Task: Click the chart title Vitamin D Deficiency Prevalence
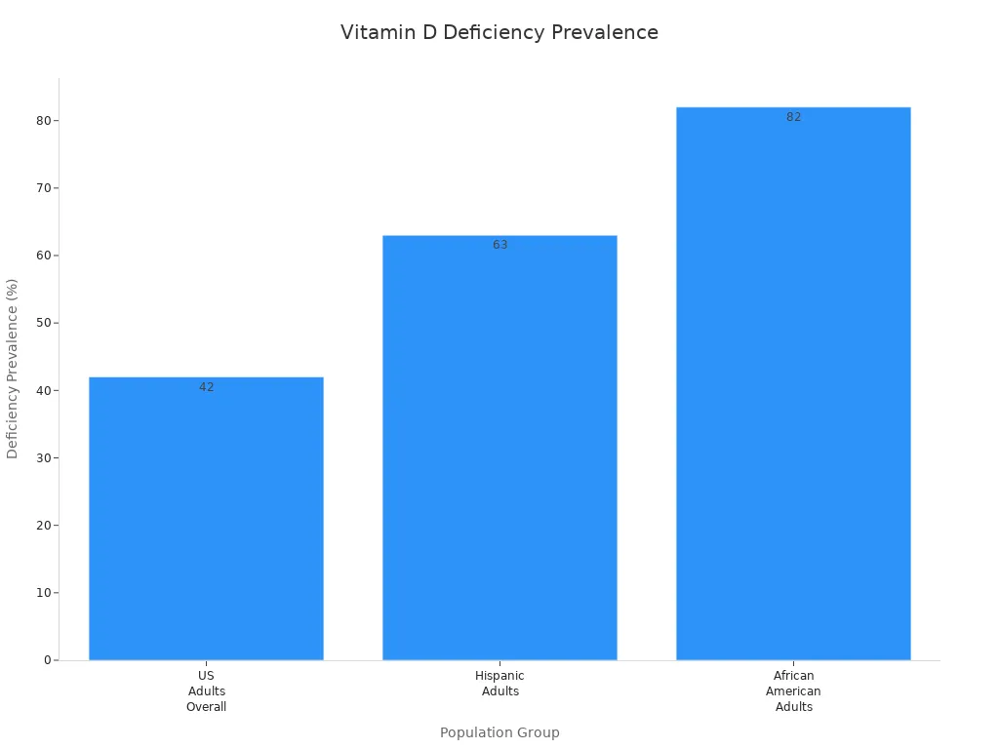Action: click(499, 33)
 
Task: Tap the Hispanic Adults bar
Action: click(499, 448)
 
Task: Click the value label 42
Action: click(207, 387)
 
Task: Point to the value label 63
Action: click(500, 245)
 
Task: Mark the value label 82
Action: click(794, 117)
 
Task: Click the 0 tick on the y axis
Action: click(46, 660)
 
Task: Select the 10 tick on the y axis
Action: click(43, 593)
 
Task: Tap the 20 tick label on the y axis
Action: click(43, 526)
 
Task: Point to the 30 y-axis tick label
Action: click(43, 458)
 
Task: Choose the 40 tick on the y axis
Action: click(43, 390)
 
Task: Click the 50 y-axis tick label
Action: click(43, 323)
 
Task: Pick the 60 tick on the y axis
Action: click(43, 256)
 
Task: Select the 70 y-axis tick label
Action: click(43, 188)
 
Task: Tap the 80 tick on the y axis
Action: click(43, 121)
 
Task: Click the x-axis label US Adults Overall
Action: click(206, 691)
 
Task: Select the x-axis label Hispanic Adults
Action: click(499, 684)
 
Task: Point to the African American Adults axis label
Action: click(793, 691)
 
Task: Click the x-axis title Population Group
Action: click(499, 732)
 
